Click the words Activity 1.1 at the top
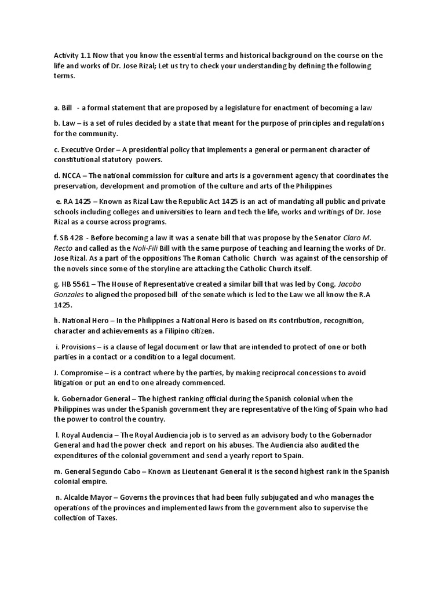[x=67, y=55]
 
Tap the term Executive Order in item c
[x=91, y=149]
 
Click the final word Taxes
[x=105, y=518]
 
